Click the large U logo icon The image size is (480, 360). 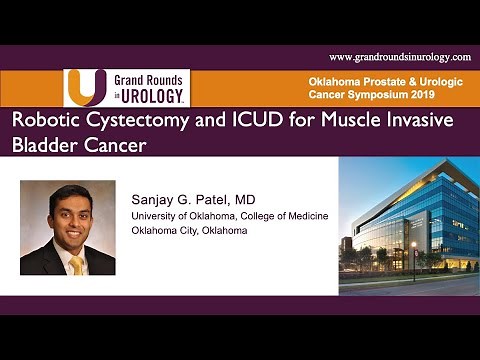pyautogui.click(x=84, y=87)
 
